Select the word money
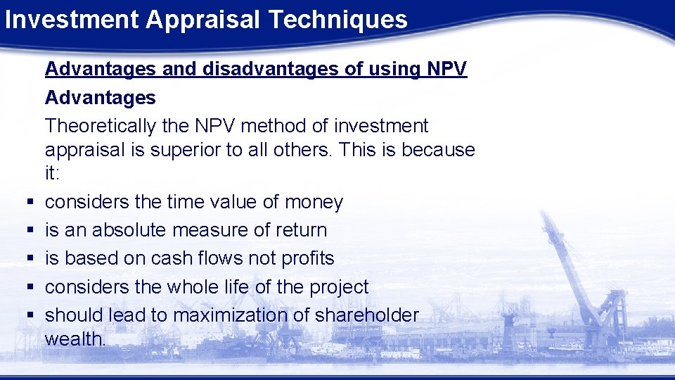click(314, 203)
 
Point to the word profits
click(307, 259)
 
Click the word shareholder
click(367, 315)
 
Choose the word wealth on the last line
click(75, 339)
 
